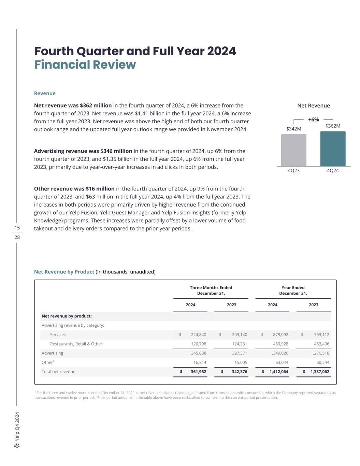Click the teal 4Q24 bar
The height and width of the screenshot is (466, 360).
(x=333, y=149)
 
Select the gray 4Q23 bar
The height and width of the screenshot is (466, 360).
(x=293, y=150)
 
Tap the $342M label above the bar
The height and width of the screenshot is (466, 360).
(x=293, y=129)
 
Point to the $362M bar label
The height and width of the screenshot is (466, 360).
(x=333, y=126)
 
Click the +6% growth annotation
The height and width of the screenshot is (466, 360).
(x=313, y=119)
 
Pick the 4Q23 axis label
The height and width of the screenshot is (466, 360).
(x=293, y=170)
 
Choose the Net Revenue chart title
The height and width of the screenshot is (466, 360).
(x=313, y=105)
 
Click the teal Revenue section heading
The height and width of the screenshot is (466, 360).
(x=45, y=93)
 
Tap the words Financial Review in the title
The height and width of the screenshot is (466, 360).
(x=85, y=65)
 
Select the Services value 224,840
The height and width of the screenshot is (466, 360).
(x=198, y=335)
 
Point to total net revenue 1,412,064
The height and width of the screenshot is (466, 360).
(x=279, y=371)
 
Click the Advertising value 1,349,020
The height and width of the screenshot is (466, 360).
(x=279, y=353)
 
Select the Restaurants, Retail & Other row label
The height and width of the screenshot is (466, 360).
(x=76, y=344)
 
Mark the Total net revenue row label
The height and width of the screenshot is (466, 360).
(x=58, y=371)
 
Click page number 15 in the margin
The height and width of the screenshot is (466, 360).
(x=17, y=228)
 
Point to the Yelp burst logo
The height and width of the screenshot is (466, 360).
(x=17, y=446)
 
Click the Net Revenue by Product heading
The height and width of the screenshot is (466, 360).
(x=64, y=272)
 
